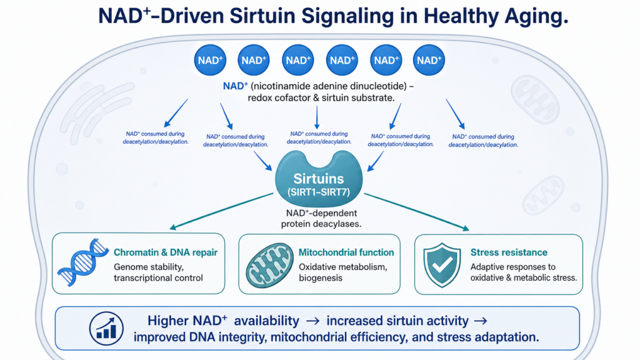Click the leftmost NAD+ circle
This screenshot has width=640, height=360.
(x=210, y=60)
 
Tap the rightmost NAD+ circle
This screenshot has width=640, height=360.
(x=429, y=60)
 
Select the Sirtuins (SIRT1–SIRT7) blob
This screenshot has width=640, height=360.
(x=319, y=179)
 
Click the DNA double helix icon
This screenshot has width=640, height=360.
(x=83, y=262)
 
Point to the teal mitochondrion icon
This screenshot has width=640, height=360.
(x=269, y=265)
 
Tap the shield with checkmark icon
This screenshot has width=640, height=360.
(x=442, y=265)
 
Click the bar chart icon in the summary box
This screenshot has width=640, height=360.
(x=106, y=329)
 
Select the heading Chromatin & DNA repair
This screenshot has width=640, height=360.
(x=165, y=252)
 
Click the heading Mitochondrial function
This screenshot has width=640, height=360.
(x=346, y=252)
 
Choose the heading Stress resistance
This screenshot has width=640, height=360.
(x=509, y=252)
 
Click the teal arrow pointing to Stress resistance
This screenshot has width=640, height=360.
(x=416, y=212)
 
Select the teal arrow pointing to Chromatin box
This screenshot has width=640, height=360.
(x=221, y=211)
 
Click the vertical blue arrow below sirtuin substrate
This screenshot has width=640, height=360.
(x=317, y=117)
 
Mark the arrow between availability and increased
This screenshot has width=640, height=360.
(x=312, y=321)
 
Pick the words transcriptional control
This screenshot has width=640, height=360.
(x=158, y=278)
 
